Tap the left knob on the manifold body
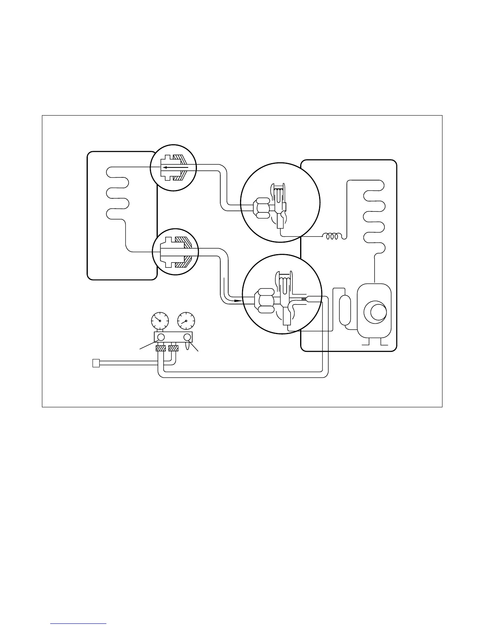tap(161, 337)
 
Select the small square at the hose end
tap(95, 363)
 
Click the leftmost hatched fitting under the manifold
tap(160, 349)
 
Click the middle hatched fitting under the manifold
tap(173, 349)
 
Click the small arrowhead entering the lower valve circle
tap(237, 300)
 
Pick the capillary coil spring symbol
tap(333, 236)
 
